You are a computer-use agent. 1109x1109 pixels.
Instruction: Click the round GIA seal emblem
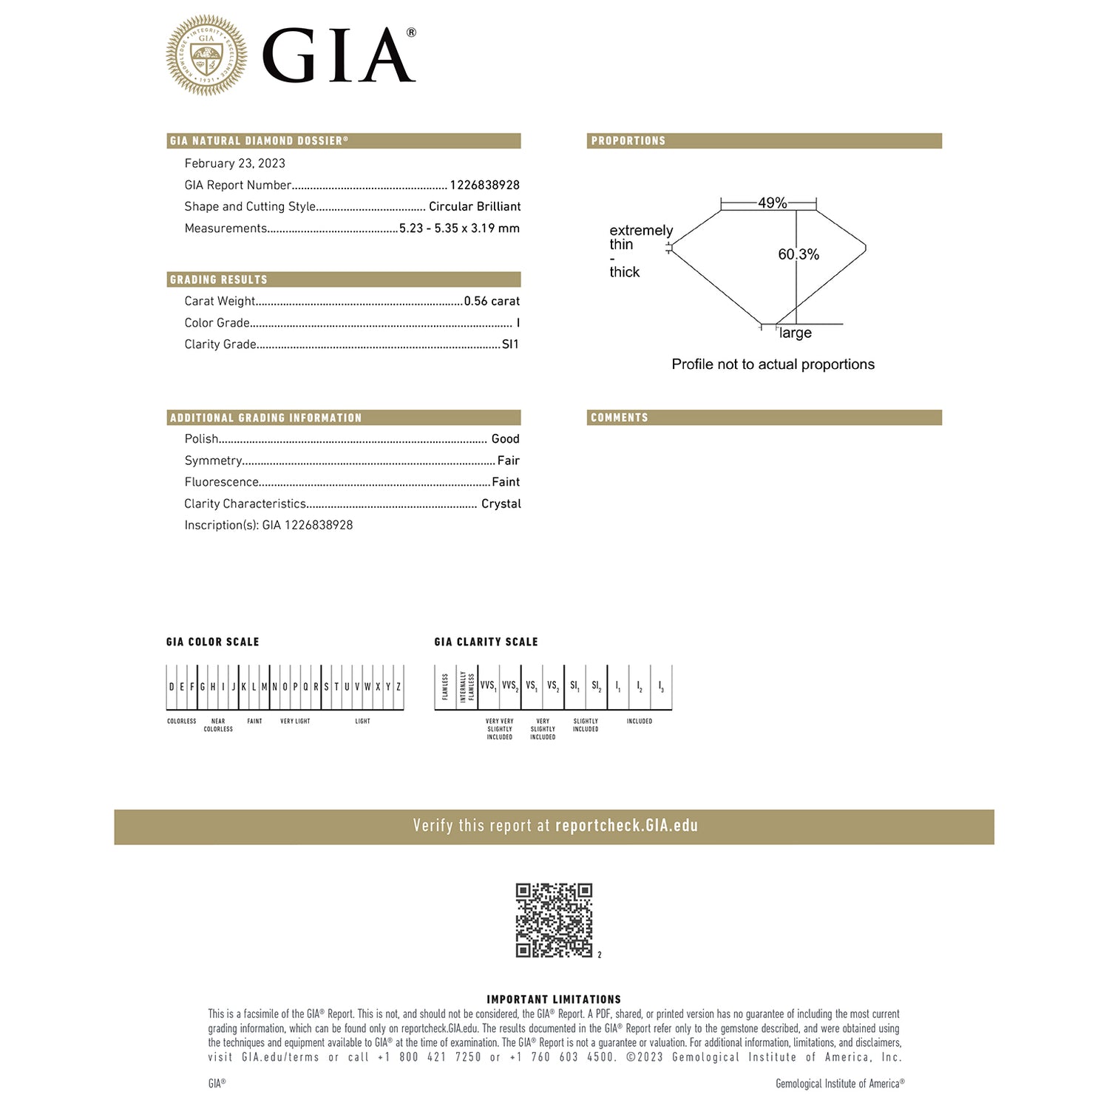[x=206, y=55]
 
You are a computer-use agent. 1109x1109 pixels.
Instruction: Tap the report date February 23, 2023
[x=234, y=163]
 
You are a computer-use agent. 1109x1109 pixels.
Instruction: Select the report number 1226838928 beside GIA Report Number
[x=484, y=185]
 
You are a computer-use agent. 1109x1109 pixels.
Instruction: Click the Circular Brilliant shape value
[x=475, y=206]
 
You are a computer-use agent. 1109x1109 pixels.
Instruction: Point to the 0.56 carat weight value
[x=492, y=301]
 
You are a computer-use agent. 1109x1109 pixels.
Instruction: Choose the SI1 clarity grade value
[x=510, y=344]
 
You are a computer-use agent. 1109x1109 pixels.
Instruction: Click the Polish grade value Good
[x=505, y=438]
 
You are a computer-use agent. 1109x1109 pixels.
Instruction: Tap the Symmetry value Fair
[x=508, y=460]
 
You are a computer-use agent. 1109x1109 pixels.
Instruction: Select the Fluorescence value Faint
[x=506, y=481]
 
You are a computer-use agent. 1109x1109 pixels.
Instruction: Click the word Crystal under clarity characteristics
[x=501, y=503]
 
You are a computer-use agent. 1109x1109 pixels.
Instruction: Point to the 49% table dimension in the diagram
[x=772, y=203]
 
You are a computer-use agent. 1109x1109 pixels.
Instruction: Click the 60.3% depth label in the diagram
[x=798, y=254]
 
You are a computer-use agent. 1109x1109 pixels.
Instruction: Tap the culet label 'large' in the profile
[x=796, y=333]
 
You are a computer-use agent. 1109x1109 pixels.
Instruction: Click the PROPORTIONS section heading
[x=628, y=140]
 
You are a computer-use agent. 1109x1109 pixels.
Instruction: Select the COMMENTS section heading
[x=620, y=418]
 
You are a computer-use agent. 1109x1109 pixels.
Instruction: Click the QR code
[x=554, y=920]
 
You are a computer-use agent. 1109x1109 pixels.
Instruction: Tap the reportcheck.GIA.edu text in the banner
[x=626, y=826]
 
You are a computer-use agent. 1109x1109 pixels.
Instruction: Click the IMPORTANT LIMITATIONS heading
[x=554, y=999]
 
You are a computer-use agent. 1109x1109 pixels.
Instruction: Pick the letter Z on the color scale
[x=399, y=687]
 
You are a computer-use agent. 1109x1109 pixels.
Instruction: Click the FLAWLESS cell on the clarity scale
[x=445, y=687]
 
